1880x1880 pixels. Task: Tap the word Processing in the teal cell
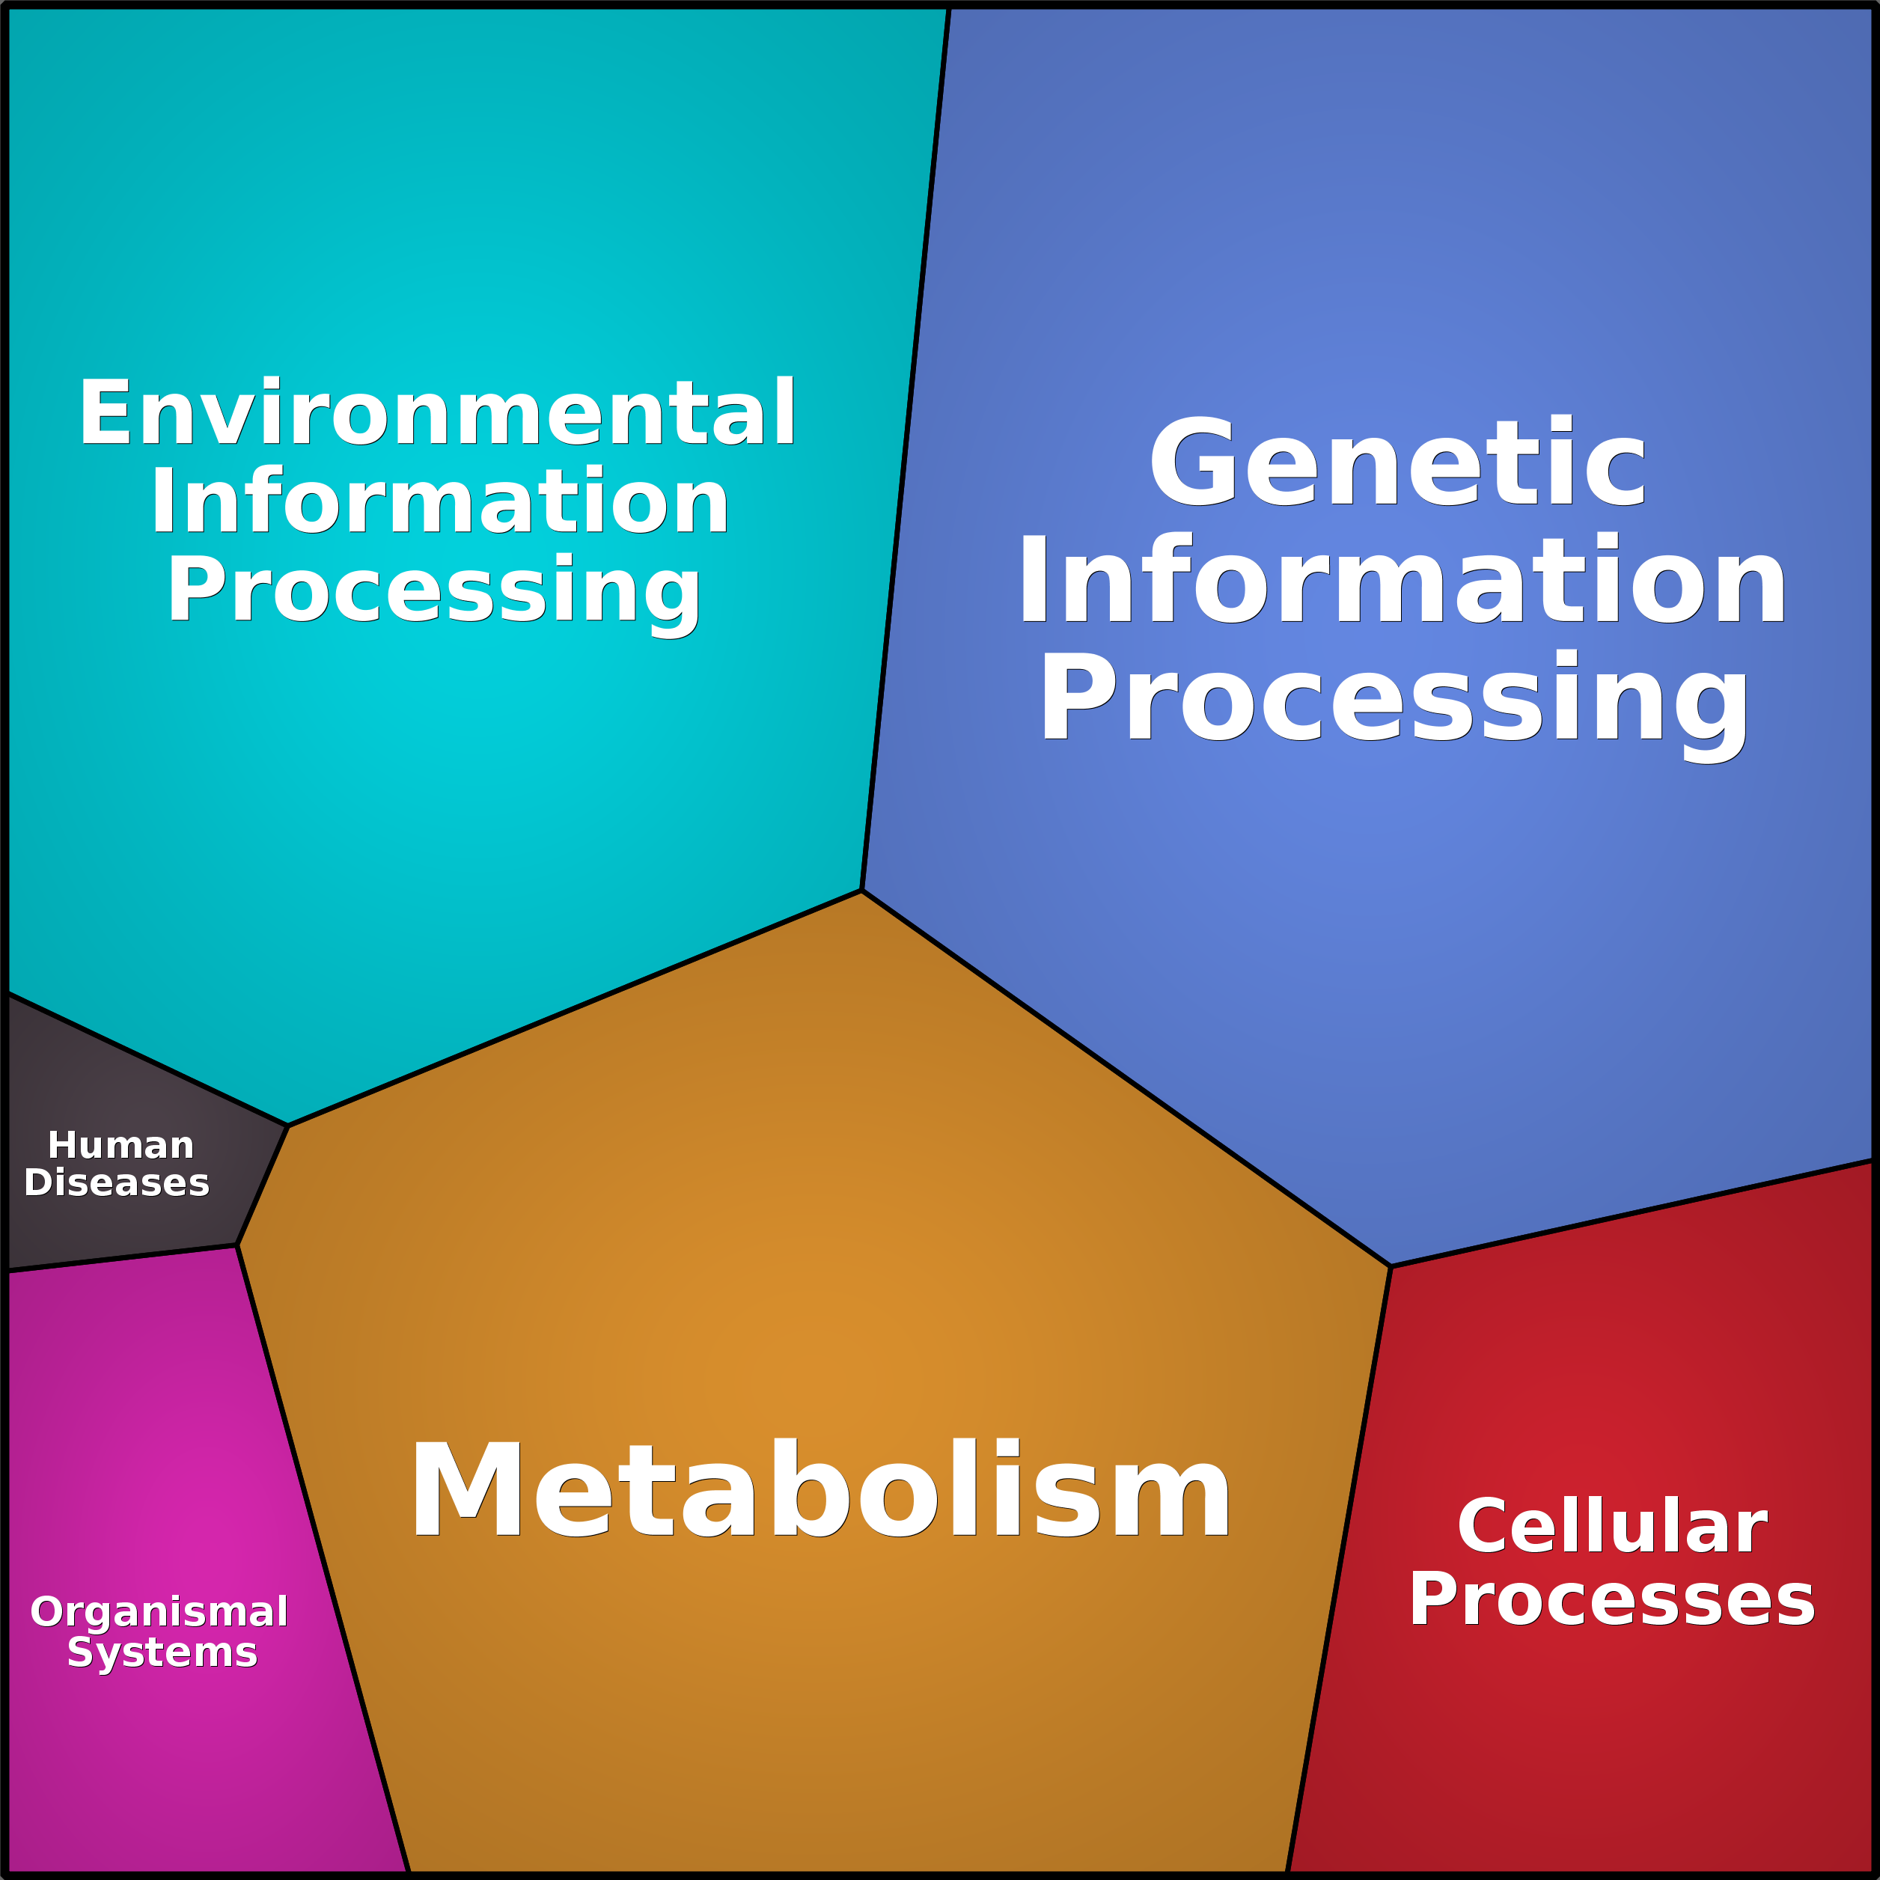[434, 590]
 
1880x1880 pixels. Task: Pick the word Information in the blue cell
[1401, 580]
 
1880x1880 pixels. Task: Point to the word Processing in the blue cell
[1394, 698]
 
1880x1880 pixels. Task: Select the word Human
[120, 1145]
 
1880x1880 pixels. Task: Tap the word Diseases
[117, 1182]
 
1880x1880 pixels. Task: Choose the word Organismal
[159, 1611]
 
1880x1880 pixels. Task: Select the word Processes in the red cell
[1611, 1600]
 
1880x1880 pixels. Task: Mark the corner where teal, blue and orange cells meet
[862, 889]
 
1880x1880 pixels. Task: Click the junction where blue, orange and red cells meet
[1391, 1267]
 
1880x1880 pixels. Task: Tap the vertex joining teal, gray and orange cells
[288, 1126]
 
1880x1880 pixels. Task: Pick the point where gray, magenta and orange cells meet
[237, 1245]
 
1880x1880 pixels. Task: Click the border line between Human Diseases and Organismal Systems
[122, 1258]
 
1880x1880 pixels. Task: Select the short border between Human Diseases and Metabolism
[263, 1185]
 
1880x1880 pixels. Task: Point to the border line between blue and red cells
[1635, 1213]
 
